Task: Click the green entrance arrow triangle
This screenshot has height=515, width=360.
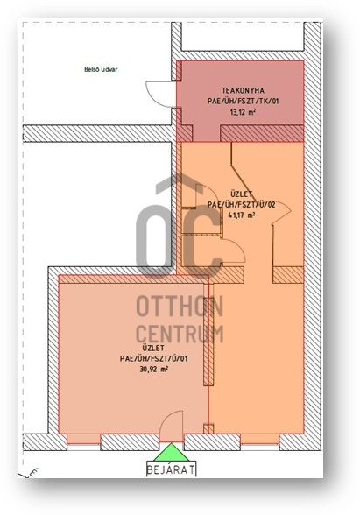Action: click(171, 453)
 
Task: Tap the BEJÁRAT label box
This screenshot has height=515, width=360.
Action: click(171, 469)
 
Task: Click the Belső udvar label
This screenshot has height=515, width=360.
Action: click(101, 69)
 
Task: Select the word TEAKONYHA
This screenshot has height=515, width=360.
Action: click(244, 90)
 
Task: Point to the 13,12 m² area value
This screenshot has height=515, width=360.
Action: click(244, 112)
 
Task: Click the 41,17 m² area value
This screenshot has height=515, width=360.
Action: click(242, 215)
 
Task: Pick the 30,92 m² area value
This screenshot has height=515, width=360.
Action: click(154, 370)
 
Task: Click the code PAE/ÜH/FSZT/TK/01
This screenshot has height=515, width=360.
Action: click(244, 102)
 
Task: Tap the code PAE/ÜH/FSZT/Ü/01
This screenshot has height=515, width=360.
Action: click(154, 358)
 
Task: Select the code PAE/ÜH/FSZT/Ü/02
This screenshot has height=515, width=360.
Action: click(242, 205)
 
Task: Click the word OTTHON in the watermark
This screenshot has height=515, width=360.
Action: click(180, 307)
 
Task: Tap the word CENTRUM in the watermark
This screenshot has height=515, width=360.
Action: click(180, 334)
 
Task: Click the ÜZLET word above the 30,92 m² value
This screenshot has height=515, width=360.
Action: click(153, 348)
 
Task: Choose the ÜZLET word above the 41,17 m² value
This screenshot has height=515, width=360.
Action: click(242, 194)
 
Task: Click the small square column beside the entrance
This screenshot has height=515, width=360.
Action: click(208, 428)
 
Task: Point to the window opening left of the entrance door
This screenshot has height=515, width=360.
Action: click(84, 442)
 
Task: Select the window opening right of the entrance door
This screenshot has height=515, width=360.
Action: click(260, 442)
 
